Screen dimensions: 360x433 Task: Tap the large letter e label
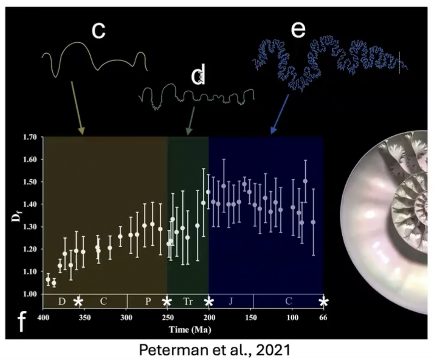[x=298, y=30]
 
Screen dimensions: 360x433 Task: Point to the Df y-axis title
[x=17, y=216]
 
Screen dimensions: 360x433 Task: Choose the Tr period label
[x=188, y=301]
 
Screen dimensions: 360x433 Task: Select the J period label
[x=230, y=301]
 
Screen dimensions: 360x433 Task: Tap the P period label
[x=148, y=301]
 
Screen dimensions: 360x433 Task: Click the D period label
[x=62, y=301]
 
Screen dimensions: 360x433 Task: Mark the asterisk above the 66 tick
[x=324, y=302]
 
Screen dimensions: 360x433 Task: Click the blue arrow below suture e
[x=280, y=114]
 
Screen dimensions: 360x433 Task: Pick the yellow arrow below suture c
[x=77, y=107]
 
